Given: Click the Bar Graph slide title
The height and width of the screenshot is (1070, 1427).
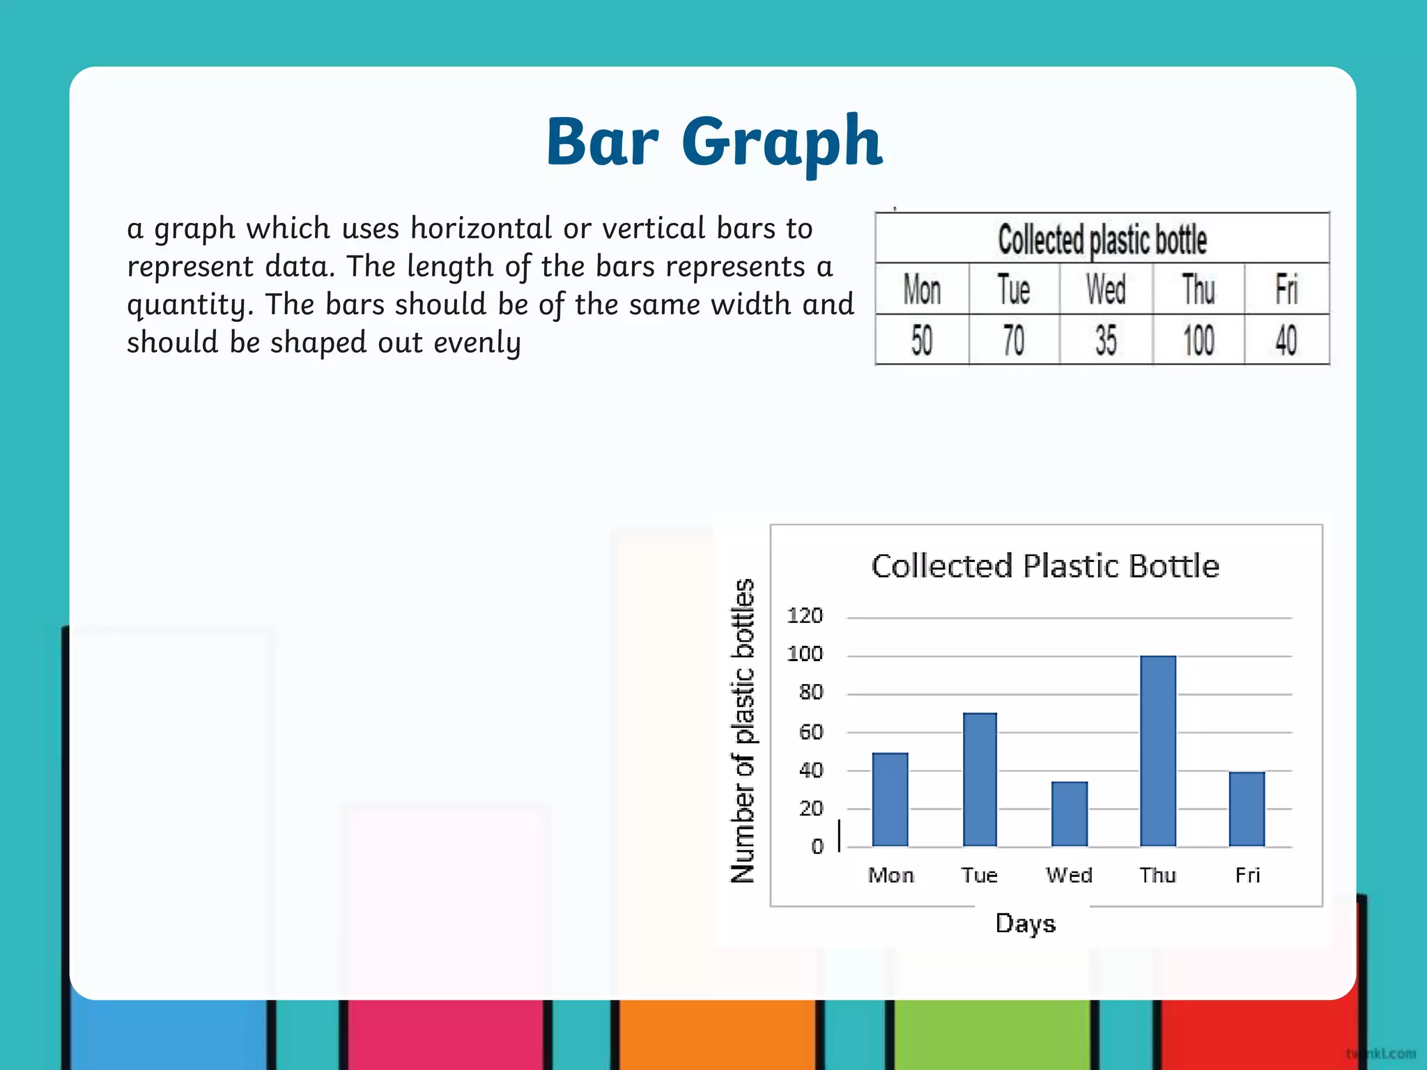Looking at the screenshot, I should tap(714, 142).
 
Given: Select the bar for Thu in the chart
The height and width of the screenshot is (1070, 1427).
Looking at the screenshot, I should tap(1158, 751).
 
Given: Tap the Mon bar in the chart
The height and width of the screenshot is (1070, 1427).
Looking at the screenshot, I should tap(890, 799).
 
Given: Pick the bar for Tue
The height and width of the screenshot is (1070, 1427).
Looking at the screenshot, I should tap(980, 780).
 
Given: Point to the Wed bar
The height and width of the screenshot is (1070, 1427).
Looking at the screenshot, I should tap(1069, 814).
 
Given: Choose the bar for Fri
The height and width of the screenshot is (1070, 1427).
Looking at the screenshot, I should tap(1247, 809).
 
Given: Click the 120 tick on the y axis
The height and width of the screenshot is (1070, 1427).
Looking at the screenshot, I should tap(805, 616).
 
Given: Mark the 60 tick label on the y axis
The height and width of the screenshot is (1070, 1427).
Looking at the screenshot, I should tap(811, 731).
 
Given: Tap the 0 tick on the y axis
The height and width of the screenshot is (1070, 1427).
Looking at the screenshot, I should tap(817, 846).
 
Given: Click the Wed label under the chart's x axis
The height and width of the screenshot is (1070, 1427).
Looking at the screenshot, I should tap(1069, 875).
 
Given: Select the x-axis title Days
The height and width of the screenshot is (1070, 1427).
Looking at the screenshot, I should tap(1025, 924).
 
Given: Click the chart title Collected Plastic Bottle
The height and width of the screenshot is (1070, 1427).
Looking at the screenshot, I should tap(1045, 566).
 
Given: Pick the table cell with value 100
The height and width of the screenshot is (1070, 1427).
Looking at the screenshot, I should tap(1198, 341).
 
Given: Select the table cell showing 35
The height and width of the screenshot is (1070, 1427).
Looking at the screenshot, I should tap(1106, 341).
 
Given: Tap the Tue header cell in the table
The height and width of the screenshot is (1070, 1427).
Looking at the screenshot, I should tap(1013, 289).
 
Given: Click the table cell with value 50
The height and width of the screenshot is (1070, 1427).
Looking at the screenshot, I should tap(921, 341).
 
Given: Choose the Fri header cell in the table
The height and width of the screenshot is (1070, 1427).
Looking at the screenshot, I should tap(1286, 289).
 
